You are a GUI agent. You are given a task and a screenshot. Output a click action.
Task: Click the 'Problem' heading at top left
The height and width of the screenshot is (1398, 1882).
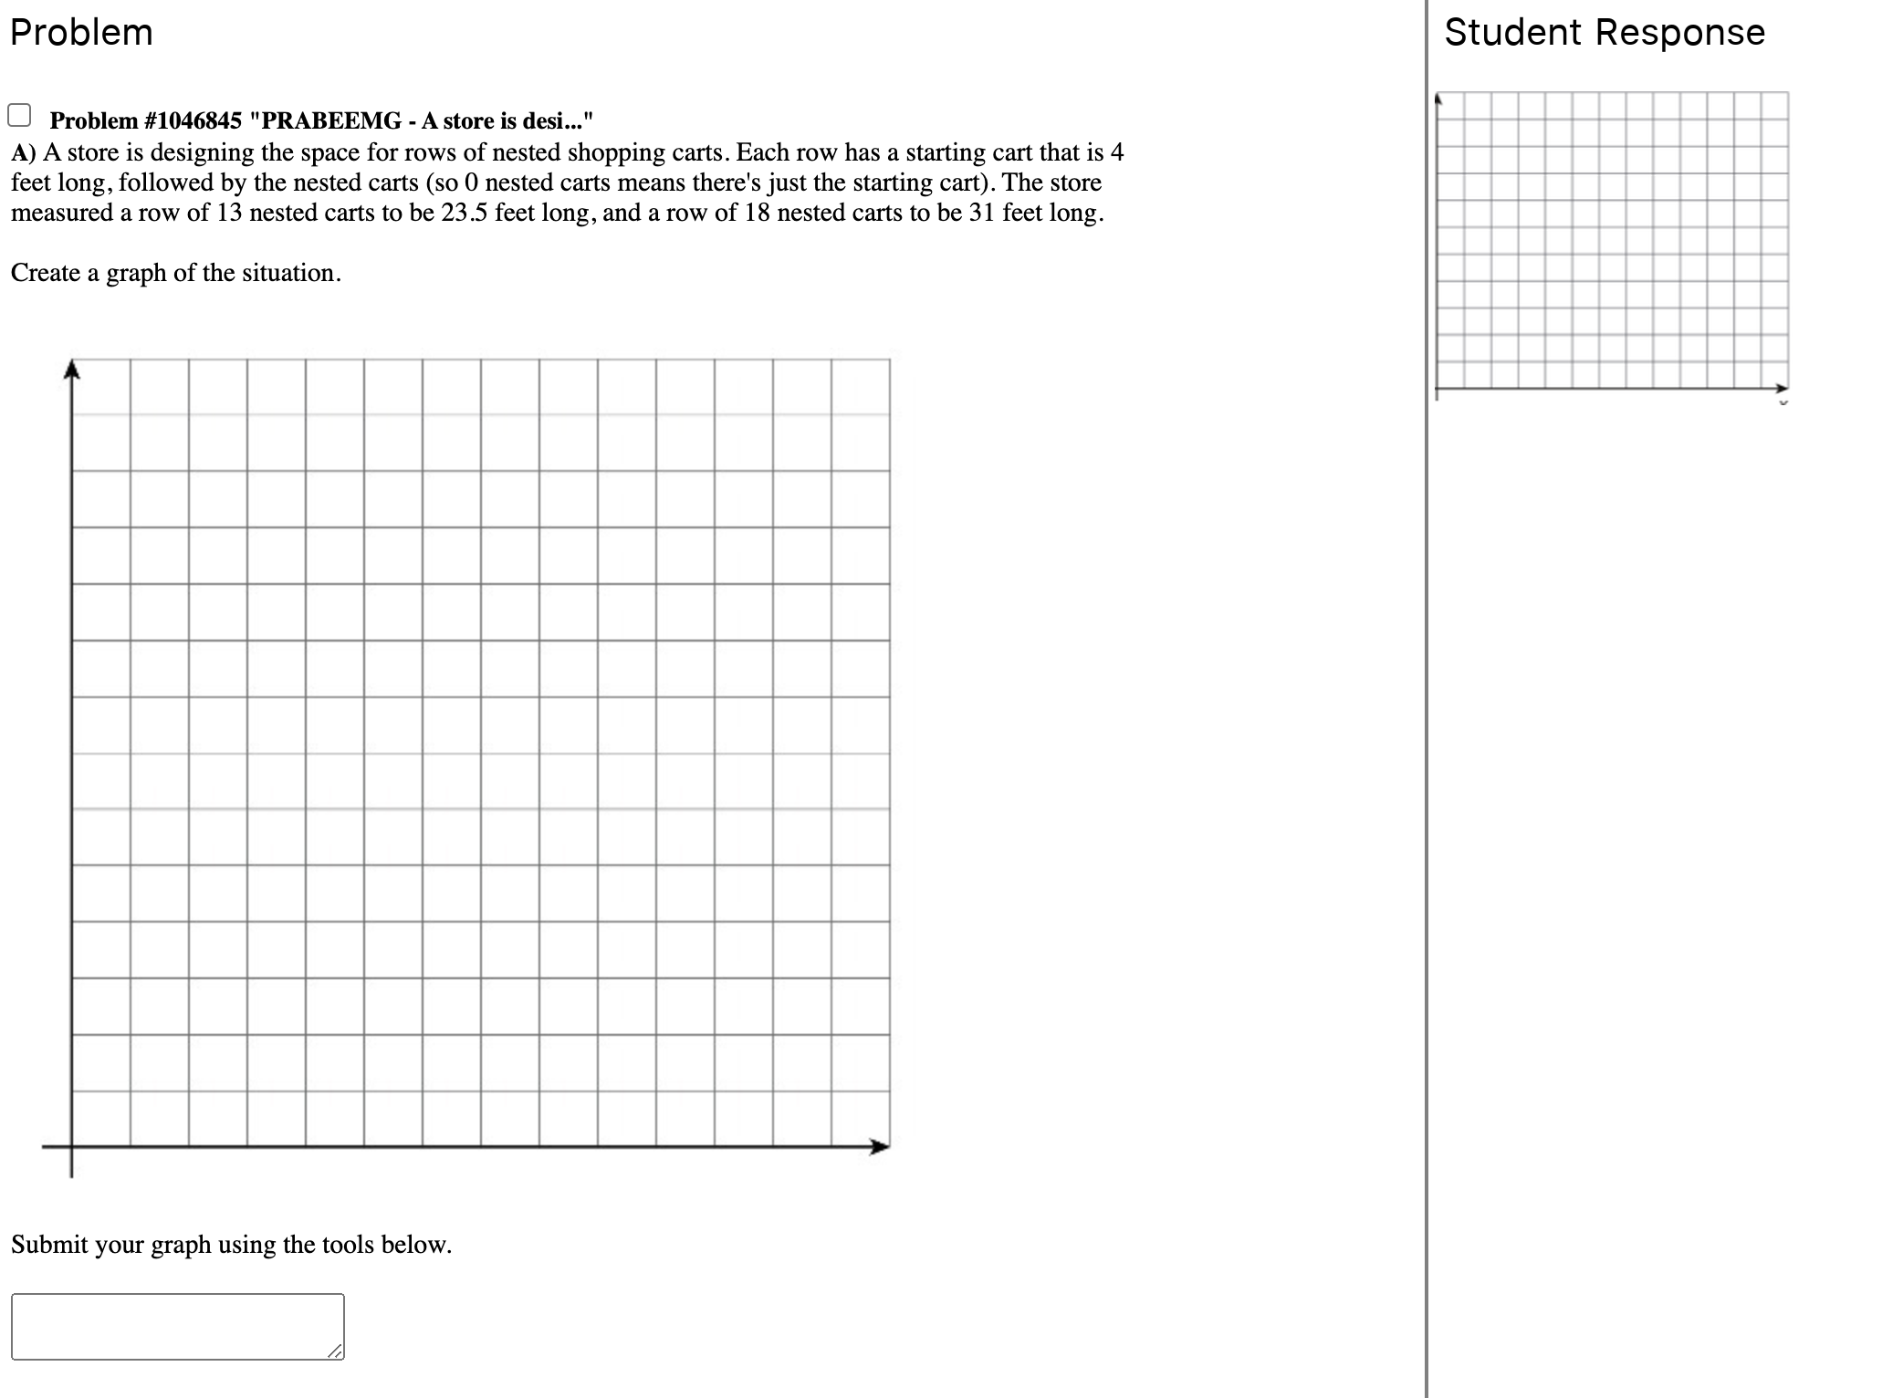[81, 33]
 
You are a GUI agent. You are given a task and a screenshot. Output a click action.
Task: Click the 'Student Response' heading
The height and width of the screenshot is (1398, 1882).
[1604, 33]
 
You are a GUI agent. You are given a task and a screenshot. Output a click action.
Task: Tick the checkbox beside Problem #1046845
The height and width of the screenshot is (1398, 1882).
[19, 116]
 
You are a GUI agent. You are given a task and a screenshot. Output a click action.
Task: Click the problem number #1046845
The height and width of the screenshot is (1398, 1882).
[193, 121]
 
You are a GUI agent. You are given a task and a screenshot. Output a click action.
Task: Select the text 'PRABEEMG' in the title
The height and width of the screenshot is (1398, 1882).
[331, 121]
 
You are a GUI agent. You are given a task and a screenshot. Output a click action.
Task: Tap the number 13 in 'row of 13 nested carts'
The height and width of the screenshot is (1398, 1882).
[229, 213]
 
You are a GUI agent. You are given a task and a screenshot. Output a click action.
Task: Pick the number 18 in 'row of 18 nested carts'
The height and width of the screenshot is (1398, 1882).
[757, 213]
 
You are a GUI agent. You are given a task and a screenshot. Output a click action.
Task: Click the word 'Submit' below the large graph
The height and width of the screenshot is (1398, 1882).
[49, 1245]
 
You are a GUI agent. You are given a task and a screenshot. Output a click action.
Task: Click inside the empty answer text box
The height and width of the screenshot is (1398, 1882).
[177, 1326]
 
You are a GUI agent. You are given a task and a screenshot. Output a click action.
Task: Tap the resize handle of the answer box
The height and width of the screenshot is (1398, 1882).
[337, 1351]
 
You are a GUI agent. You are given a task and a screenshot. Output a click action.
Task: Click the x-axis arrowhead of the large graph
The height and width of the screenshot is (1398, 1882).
[880, 1147]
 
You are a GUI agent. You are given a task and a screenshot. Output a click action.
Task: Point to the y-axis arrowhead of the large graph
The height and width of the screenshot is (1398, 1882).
[72, 369]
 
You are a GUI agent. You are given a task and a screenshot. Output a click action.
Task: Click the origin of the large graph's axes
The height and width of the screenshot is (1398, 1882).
[72, 1147]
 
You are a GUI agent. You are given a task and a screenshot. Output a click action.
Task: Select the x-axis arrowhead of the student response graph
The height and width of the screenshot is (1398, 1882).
[1783, 388]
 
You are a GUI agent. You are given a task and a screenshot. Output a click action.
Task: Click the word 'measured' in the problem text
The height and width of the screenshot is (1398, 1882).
[61, 213]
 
